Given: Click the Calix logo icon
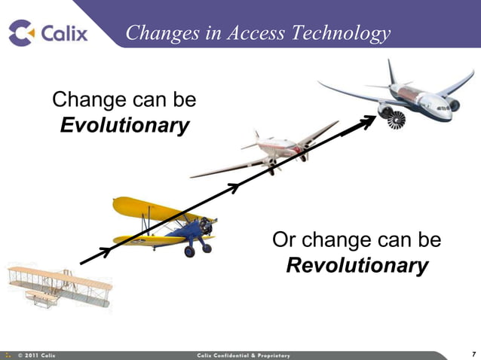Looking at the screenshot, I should click(x=21, y=32).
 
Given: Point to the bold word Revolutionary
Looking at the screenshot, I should click(x=357, y=266).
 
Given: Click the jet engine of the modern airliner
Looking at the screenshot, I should click(x=393, y=117).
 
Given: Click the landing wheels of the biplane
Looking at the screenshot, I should click(x=198, y=249).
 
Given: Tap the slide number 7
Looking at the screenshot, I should click(x=473, y=354).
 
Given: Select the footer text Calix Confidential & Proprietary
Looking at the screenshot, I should click(x=243, y=355).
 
